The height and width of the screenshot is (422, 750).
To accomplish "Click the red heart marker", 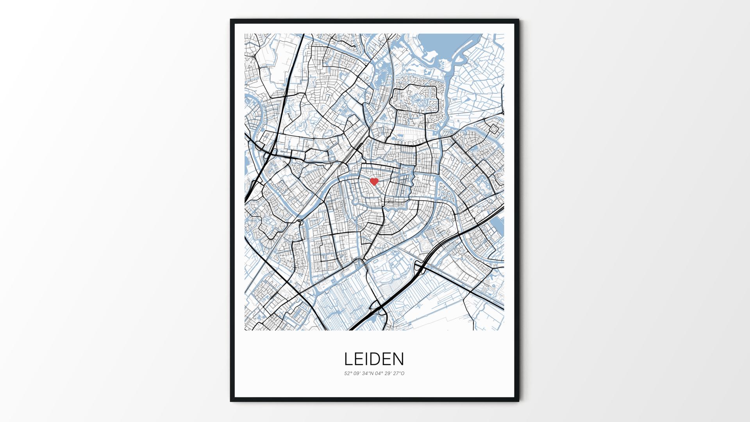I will pos(374,182).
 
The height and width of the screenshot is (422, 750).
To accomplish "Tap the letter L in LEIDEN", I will pos(348,359).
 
